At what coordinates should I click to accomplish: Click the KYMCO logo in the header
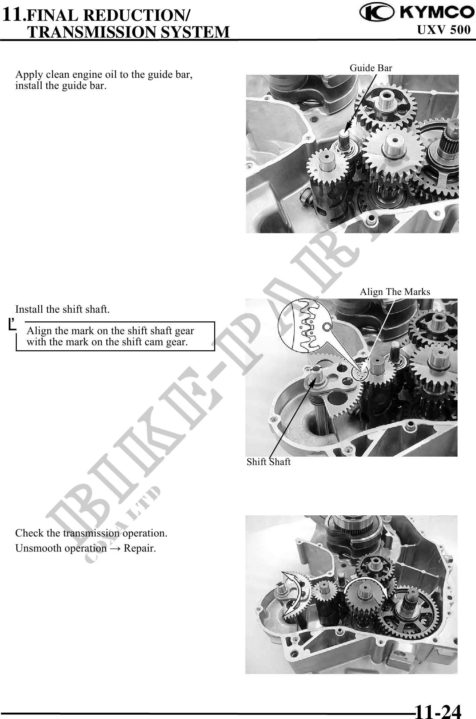(415, 12)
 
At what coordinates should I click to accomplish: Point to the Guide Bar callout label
(371, 68)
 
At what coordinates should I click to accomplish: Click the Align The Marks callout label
(395, 292)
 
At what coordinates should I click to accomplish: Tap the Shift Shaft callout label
(269, 462)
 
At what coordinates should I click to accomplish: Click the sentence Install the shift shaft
(62, 309)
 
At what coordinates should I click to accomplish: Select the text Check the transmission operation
(91, 533)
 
